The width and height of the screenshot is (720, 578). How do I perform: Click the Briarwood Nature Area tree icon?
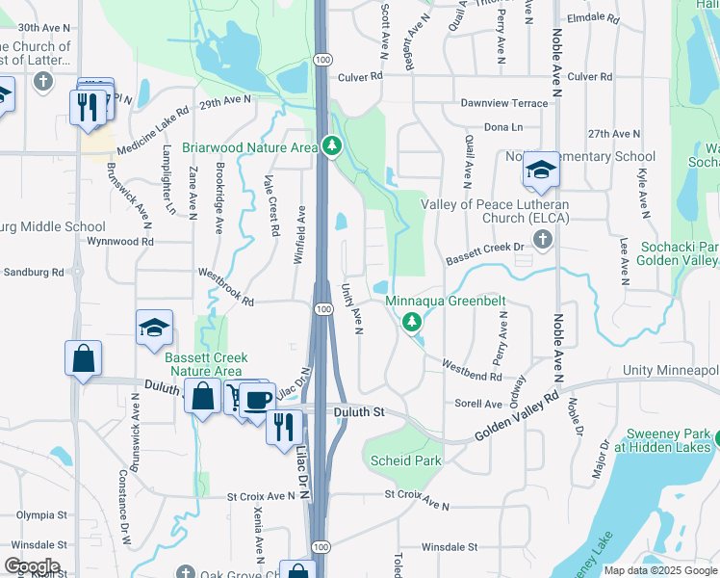tap(332, 146)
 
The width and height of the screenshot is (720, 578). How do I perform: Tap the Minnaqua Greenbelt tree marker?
tap(413, 322)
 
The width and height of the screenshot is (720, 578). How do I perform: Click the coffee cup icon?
tap(256, 400)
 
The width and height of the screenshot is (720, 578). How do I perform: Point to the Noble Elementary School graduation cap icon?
tap(541, 171)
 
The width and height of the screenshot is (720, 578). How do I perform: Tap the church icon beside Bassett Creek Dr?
tap(545, 240)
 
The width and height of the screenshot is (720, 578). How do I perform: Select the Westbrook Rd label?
tap(226, 288)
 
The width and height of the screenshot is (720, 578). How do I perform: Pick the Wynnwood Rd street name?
tap(119, 242)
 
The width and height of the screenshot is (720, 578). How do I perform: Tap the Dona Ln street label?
tap(502, 127)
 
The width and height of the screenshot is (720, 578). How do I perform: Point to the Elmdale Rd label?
tap(594, 17)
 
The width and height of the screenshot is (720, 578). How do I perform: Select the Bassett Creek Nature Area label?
tap(203, 364)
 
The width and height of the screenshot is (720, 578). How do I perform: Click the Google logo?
tap(31, 566)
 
